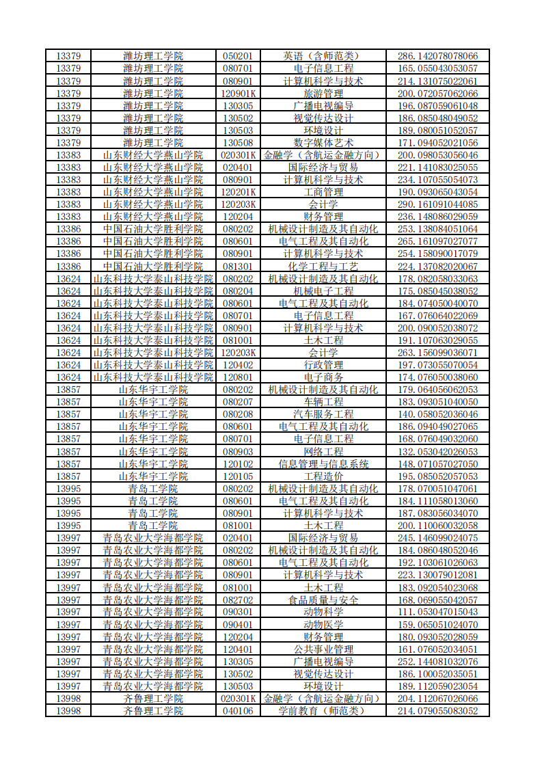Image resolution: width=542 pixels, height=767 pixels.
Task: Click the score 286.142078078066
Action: point(437,56)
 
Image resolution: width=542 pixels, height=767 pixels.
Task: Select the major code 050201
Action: point(238,56)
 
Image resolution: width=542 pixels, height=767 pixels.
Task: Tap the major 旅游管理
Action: point(323,93)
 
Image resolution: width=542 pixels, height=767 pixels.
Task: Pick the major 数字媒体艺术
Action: point(323,142)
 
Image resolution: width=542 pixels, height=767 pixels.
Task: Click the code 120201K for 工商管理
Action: point(238,192)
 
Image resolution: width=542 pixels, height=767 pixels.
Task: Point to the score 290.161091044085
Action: point(437,204)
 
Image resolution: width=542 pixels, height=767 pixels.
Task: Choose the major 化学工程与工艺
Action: point(323,266)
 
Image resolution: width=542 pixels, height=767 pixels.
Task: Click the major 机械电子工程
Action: point(323,291)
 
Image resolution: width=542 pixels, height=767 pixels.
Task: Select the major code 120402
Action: point(238,365)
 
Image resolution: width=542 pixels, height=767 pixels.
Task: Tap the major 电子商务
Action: point(323,377)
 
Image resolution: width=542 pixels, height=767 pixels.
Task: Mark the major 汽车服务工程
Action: point(323,414)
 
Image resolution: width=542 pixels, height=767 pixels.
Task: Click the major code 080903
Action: point(238,451)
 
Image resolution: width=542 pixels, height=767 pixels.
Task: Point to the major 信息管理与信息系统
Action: point(323,464)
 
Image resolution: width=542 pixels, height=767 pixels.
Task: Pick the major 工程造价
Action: point(323,476)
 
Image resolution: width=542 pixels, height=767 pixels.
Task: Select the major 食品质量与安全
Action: point(323,600)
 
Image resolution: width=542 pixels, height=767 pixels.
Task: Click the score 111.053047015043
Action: point(437,613)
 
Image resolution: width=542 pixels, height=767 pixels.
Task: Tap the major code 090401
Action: point(238,625)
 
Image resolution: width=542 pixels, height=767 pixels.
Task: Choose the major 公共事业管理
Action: point(323,649)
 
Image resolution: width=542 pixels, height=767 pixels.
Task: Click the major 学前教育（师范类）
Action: point(323,711)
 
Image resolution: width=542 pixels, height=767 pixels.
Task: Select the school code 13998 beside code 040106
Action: point(68,711)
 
